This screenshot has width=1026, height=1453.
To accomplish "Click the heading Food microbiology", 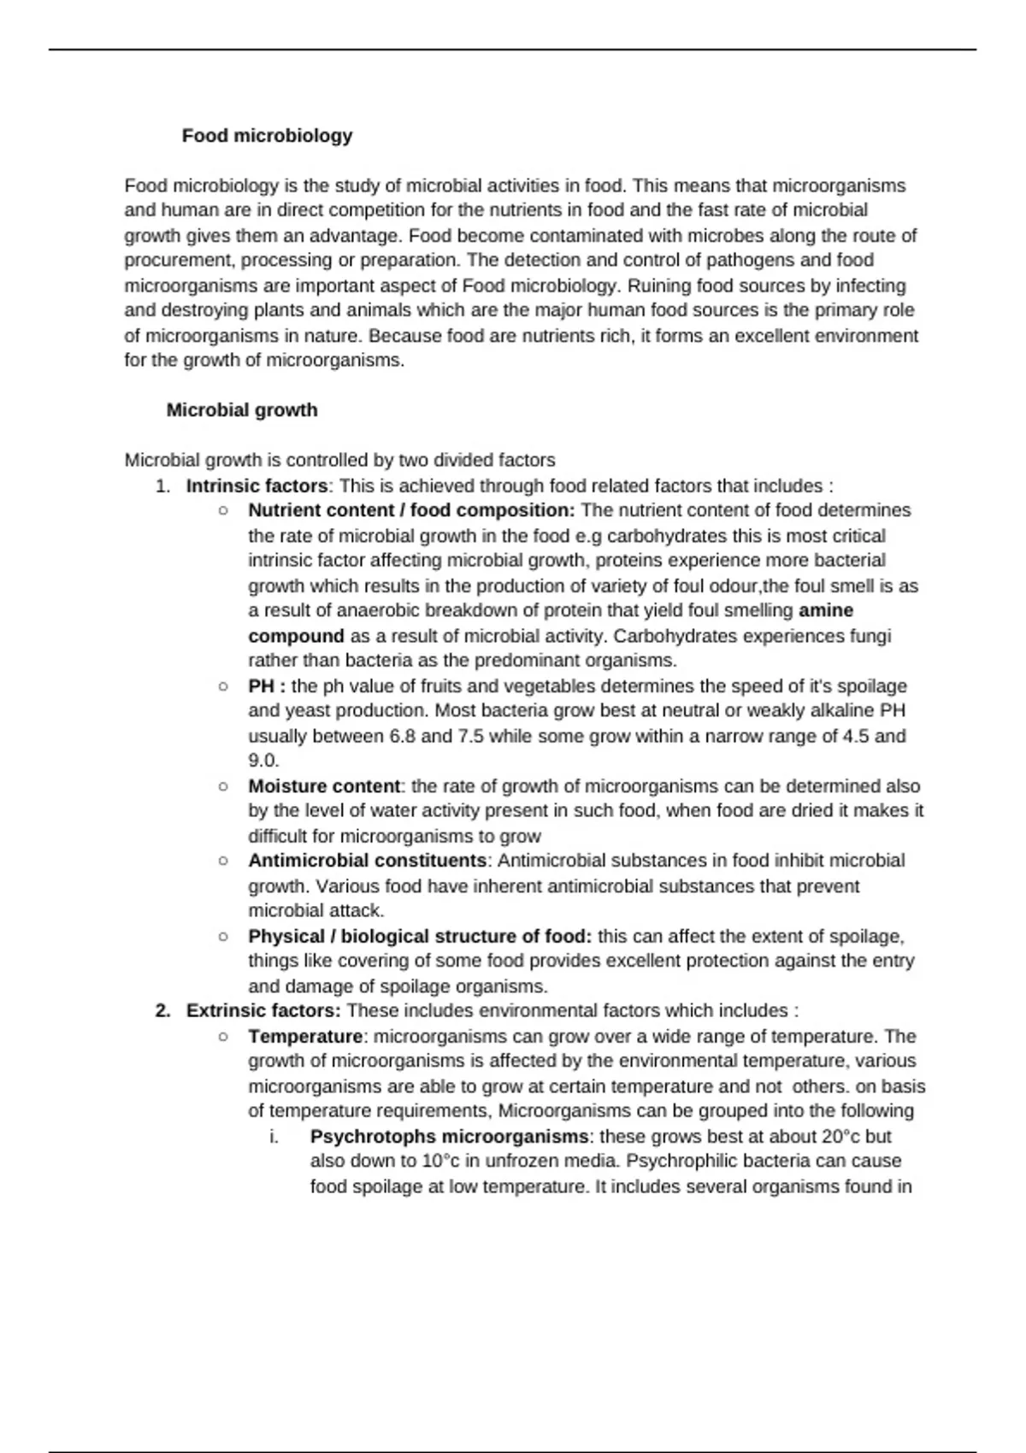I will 267,136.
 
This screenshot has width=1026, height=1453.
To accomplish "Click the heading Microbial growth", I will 242,410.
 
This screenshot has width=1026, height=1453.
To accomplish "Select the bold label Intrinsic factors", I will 256,486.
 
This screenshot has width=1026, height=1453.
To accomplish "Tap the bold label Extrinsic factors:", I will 263,1011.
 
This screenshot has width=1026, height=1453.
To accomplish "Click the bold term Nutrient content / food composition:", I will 411,510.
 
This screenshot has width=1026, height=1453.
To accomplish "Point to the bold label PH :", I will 267,686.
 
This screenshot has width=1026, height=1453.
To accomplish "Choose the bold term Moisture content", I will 324,786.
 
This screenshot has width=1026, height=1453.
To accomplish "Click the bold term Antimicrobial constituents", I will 367,861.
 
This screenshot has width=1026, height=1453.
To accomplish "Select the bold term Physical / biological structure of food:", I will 420,937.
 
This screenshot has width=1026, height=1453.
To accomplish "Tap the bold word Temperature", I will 305,1037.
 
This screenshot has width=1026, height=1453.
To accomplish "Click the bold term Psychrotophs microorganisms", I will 449,1137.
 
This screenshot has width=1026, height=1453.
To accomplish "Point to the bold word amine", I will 826,611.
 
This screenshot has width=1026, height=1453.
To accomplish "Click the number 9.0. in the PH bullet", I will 263,761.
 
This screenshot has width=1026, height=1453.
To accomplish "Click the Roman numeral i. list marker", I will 274,1137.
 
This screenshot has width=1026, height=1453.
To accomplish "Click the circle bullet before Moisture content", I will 223,786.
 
